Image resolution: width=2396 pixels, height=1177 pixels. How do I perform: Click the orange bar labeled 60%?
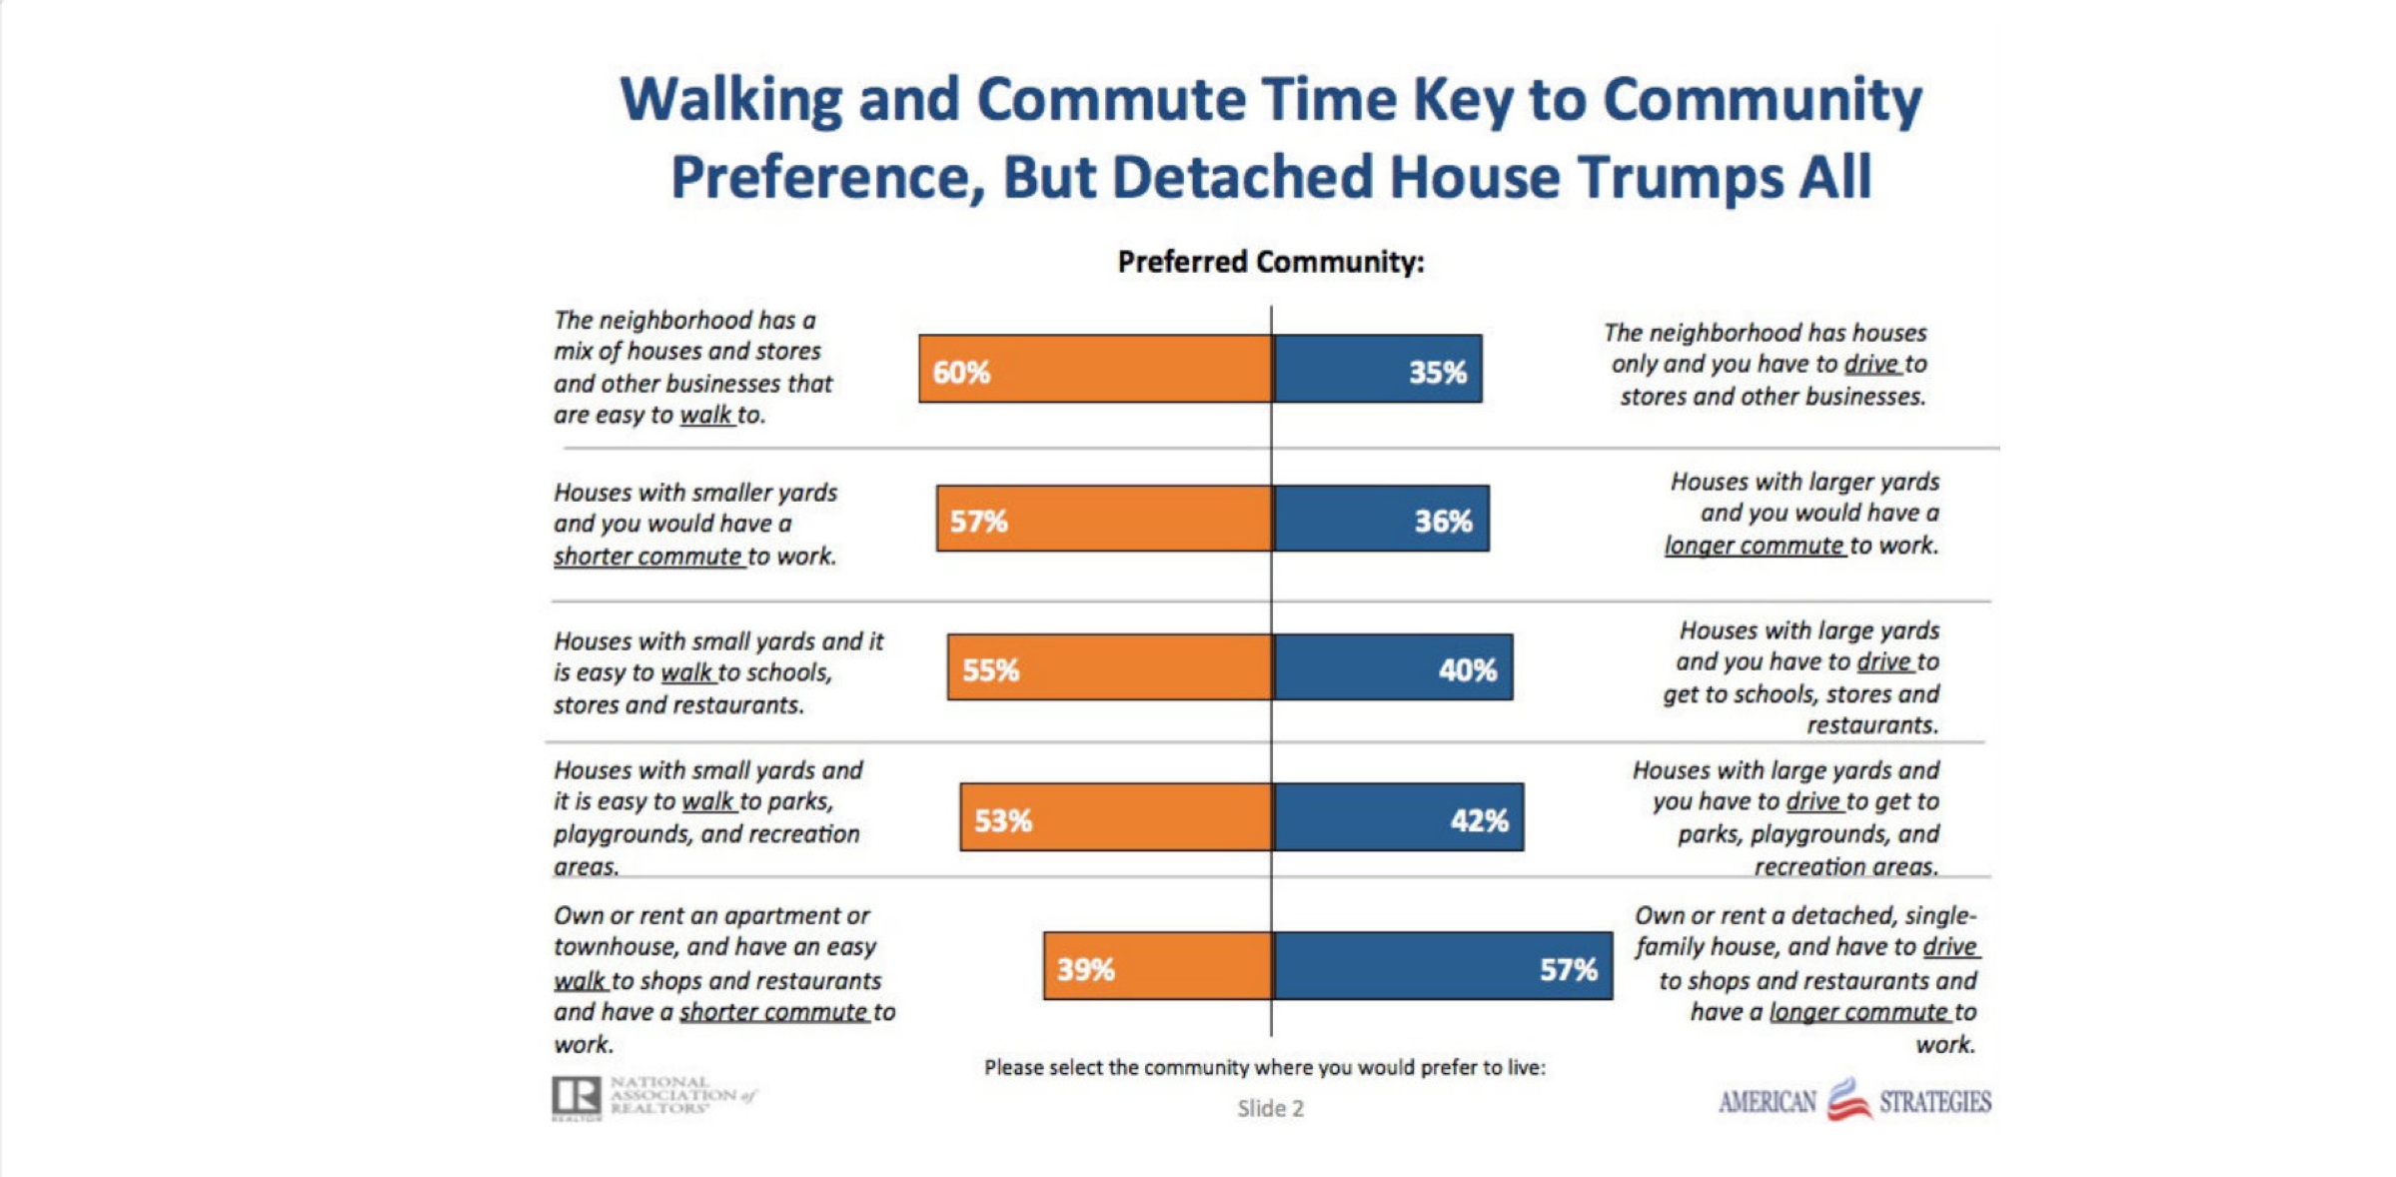(1095, 369)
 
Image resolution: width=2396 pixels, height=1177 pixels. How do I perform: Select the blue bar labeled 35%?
(1377, 369)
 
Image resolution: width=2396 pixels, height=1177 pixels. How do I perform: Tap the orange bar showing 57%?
(1104, 519)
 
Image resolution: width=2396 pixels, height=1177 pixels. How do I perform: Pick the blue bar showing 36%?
(1381, 519)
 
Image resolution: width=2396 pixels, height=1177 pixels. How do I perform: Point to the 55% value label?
(990, 670)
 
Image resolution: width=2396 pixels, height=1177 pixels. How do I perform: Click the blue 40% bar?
(1393, 667)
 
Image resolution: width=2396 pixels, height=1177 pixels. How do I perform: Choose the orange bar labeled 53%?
(1116, 817)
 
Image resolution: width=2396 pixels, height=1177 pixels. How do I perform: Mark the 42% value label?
(1479, 821)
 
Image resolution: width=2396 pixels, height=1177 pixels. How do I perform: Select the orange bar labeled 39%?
(1158, 966)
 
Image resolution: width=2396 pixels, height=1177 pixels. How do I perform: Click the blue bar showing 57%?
(1443, 966)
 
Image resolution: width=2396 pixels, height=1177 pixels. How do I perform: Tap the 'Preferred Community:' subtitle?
(1270, 262)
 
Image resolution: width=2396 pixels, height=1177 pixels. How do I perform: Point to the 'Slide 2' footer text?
(1270, 1108)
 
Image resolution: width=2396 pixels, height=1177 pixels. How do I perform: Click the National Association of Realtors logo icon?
(577, 1097)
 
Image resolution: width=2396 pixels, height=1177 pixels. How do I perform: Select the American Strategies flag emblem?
(1847, 1099)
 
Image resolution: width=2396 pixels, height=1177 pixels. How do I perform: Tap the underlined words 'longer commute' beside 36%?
(1754, 546)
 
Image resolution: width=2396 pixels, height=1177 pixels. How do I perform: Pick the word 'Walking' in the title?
(730, 100)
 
